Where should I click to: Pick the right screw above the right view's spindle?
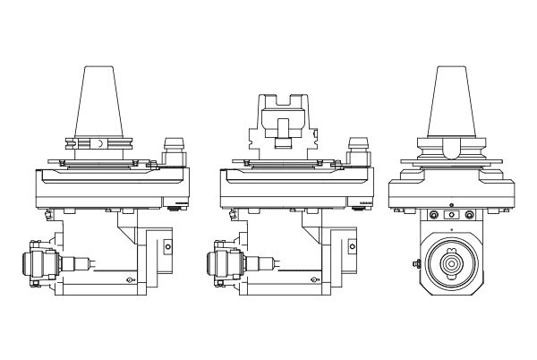point(466,215)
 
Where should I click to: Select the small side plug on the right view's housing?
point(416,263)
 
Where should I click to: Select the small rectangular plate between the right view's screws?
point(451,215)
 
